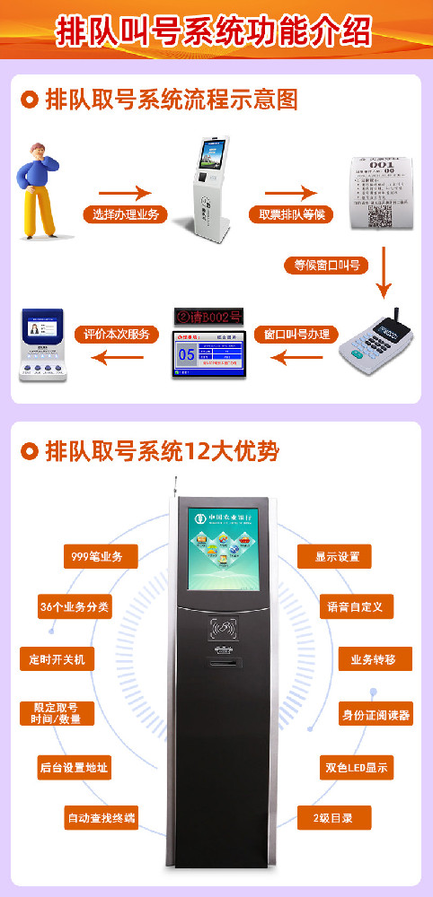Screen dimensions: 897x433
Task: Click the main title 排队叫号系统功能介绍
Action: tap(216, 30)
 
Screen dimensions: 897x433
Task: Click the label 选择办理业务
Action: tap(126, 214)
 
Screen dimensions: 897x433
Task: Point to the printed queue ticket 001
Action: tap(382, 192)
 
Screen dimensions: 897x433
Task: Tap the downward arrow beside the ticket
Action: tap(384, 270)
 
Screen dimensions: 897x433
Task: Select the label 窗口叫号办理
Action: tap(296, 335)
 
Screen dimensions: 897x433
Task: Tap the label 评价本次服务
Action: tap(116, 335)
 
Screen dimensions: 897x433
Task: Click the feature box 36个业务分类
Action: tap(75, 607)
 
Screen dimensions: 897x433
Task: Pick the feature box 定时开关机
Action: tap(56, 659)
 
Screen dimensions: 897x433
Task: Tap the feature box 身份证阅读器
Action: tap(376, 715)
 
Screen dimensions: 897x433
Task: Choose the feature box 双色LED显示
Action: tap(358, 767)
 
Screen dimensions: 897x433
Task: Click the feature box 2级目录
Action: tap(334, 818)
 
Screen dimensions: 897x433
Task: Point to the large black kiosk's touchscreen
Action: tap(223, 549)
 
